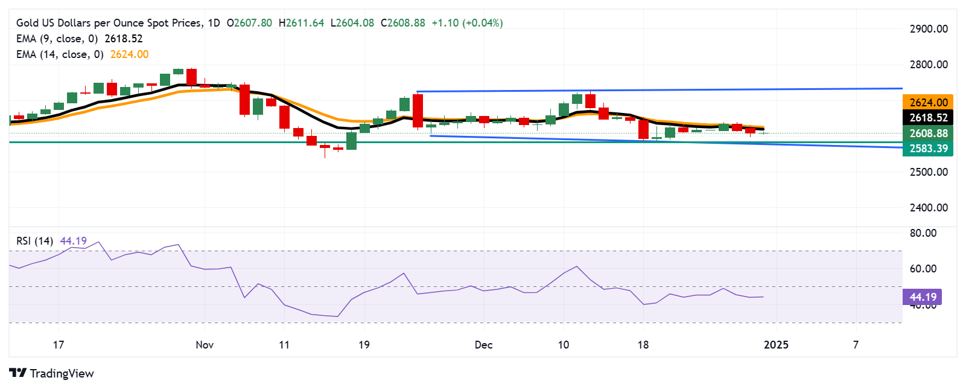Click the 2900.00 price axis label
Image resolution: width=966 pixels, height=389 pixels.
[x=929, y=29]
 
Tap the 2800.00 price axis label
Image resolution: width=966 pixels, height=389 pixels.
[x=929, y=65]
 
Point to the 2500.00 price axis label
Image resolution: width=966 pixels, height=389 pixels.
[x=929, y=172]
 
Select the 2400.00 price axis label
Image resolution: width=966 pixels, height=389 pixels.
[x=929, y=208]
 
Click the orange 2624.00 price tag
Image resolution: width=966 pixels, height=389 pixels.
[x=928, y=103]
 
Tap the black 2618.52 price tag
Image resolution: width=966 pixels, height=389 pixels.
[x=928, y=118]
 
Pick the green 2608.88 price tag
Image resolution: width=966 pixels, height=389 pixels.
[x=928, y=133]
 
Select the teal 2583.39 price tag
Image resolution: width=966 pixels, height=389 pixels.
[x=928, y=149]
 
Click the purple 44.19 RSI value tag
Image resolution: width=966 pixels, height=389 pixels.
[x=923, y=297]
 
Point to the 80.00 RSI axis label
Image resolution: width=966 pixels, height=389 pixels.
[x=923, y=233]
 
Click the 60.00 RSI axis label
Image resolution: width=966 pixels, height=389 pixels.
[x=923, y=269]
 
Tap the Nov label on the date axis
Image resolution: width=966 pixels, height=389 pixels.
[x=205, y=345]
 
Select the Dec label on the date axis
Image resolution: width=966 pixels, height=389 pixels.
[x=483, y=345]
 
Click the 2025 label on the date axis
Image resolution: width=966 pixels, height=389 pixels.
[x=776, y=345]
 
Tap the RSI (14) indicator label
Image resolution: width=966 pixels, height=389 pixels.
[x=34, y=241]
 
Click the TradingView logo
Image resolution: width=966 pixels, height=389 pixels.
[x=52, y=373]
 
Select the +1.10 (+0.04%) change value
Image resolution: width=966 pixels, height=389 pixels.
[x=467, y=23]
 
